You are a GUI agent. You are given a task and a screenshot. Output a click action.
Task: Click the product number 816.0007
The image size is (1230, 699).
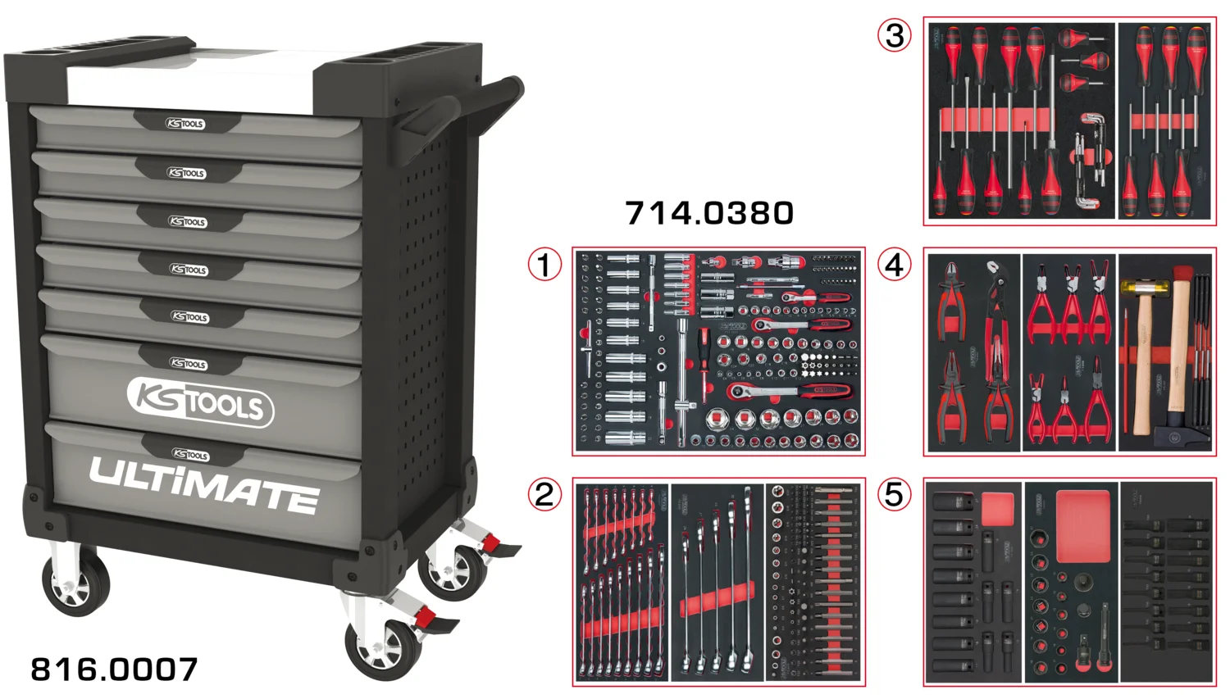tap(114, 669)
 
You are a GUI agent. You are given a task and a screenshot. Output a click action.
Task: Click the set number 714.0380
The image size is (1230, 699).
tap(709, 214)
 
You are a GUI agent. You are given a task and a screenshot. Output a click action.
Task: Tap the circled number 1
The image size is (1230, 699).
tap(544, 265)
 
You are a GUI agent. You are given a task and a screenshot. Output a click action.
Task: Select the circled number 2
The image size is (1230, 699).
tap(544, 494)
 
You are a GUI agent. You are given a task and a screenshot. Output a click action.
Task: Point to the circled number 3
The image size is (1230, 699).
tap(895, 35)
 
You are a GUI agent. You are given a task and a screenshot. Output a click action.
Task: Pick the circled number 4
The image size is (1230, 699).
tap(895, 265)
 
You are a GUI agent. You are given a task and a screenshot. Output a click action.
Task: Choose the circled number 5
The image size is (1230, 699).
tap(895, 494)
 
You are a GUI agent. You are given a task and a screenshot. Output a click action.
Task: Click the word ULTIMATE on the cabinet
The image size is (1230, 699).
tap(203, 484)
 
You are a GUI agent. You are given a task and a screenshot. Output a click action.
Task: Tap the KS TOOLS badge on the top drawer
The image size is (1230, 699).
tap(186, 124)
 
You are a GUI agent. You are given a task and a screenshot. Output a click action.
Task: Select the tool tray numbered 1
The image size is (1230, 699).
tap(718, 352)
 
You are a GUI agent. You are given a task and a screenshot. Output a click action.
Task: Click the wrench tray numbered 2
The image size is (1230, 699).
tap(718, 582)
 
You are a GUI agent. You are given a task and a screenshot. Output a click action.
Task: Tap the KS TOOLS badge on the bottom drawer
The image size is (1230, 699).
tap(190, 455)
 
